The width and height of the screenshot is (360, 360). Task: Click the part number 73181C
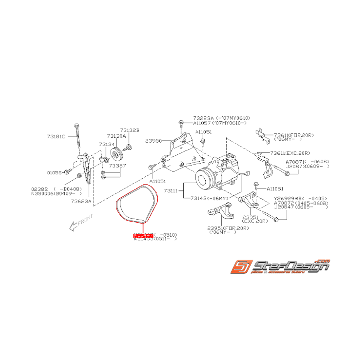56,136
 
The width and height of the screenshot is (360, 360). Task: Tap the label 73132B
129,131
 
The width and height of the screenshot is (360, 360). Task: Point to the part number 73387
117,165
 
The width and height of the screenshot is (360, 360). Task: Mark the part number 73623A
81,201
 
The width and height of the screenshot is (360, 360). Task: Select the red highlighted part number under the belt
143,235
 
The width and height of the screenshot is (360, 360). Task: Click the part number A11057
202,123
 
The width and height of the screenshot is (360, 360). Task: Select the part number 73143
200,198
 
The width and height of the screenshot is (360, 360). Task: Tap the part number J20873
295,166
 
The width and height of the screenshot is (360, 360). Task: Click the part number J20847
295,208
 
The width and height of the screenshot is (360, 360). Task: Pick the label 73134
107,144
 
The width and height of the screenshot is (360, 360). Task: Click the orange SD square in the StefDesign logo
240,267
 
